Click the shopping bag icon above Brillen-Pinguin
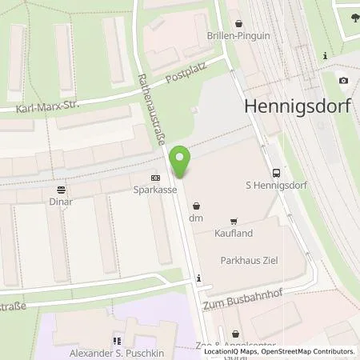[x=239, y=24]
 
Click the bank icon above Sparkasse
[x=155, y=178]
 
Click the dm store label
[x=196, y=218]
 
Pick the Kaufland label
[x=233, y=232]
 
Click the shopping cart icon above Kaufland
[x=234, y=221]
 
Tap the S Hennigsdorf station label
[x=276, y=185]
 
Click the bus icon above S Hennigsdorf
[x=276, y=172]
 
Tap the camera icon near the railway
[x=343, y=80]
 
